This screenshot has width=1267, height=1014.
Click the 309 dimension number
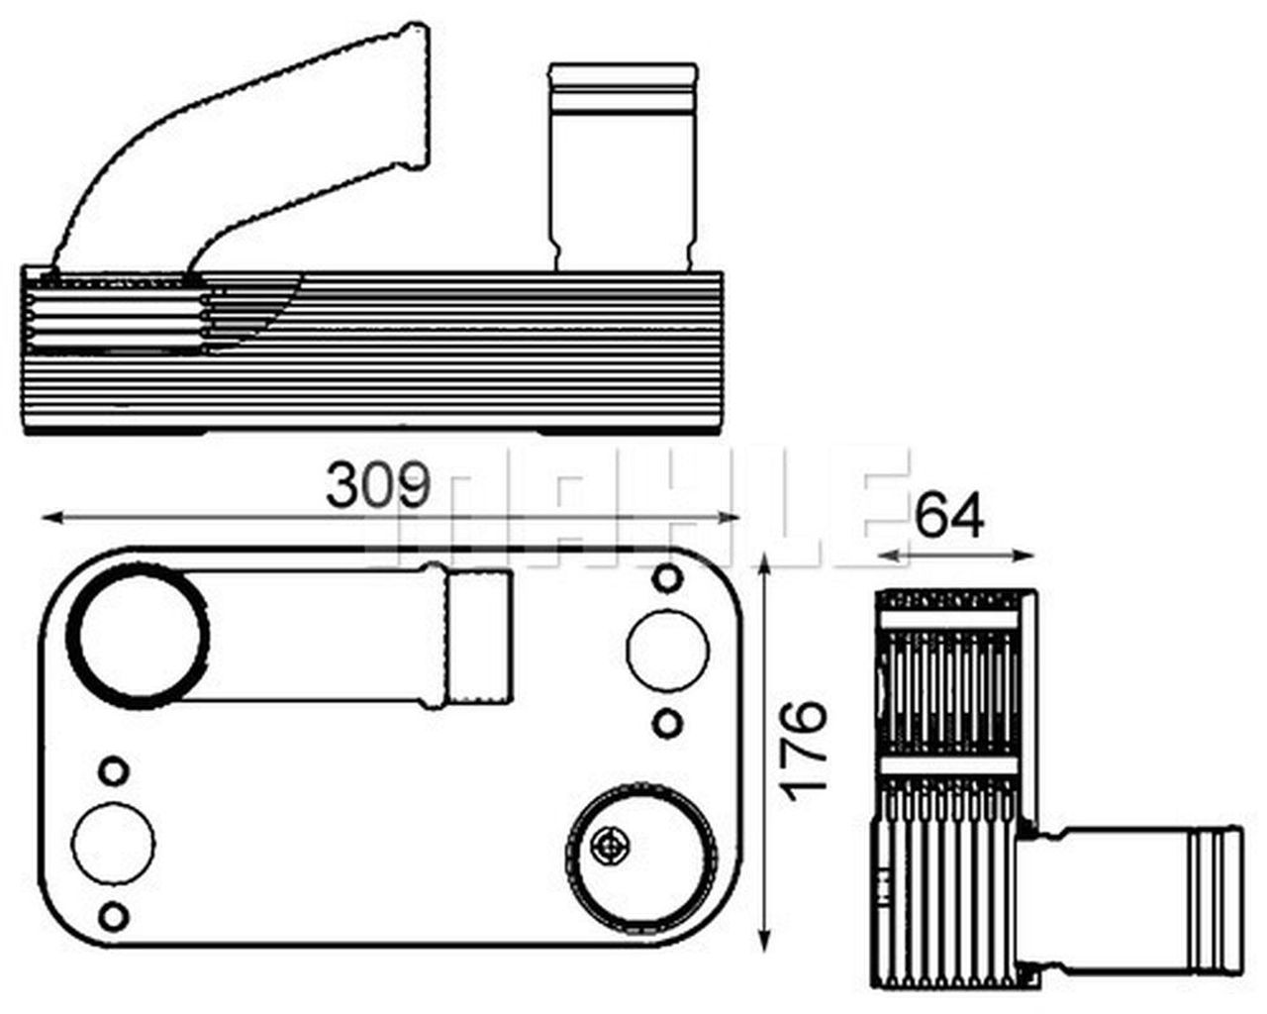(x=378, y=485)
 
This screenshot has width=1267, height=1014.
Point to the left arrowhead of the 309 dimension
(x=51, y=517)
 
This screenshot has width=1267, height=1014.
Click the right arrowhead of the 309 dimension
(x=729, y=517)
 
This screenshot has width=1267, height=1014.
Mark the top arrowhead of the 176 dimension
(x=764, y=564)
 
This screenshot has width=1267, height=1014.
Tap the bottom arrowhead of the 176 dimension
(x=764, y=940)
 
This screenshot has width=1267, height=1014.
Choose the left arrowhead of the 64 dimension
(x=889, y=555)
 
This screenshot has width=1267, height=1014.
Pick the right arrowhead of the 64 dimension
(x=1023, y=555)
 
